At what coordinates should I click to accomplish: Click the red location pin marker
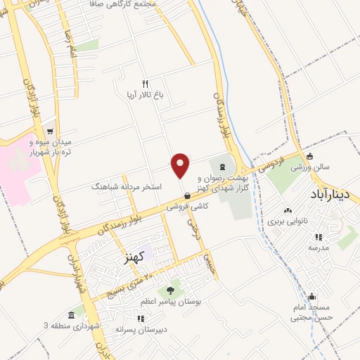pyautogui.click(x=181, y=165)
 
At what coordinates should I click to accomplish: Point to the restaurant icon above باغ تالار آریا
pyautogui.click(x=145, y=82)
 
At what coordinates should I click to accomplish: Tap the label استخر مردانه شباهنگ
pyautogui.click(x=127, y=187)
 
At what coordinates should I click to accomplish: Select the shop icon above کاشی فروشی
pyautogui.click(x=186, y=195)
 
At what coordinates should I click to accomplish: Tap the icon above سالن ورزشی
pyautogui.click(x=310, y=156)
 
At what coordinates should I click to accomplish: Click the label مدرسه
pyautogui.click(x=318, y=247)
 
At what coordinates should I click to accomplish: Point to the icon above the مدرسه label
pyautogui.click(x=318, y=236)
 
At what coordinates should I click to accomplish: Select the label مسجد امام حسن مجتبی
pyautogui.click(x=311, y=312)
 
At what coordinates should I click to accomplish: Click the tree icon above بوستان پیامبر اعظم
pyautogui.click(x=170, y=290)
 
